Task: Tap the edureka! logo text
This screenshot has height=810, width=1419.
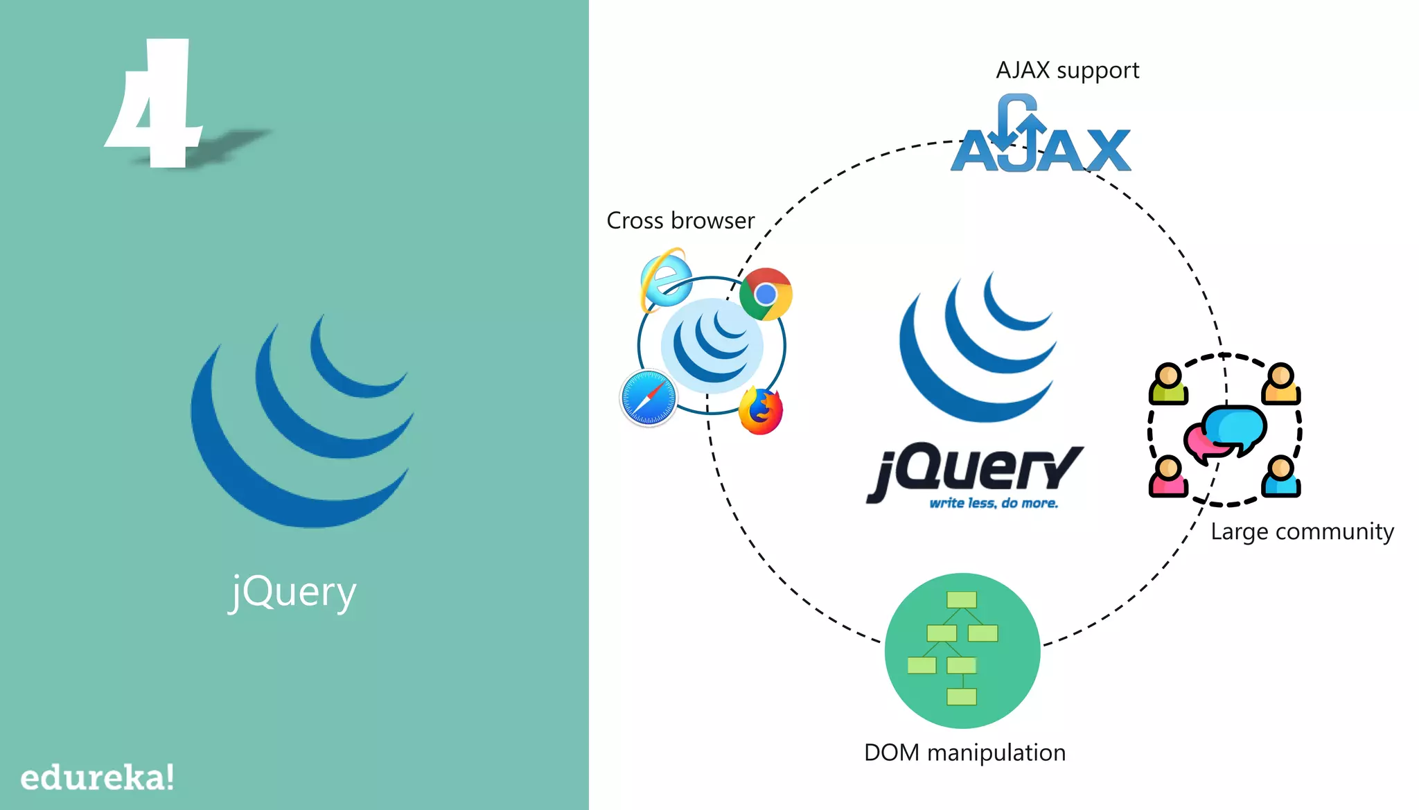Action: [x=97, y=777]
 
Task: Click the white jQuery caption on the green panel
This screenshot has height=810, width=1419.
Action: [x=293, y=592]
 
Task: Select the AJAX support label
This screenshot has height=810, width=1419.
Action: [x=1067, y=71]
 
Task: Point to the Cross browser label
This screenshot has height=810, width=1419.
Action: [x=680, y=220]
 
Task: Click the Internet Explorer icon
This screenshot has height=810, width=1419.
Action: [x=665, y=279]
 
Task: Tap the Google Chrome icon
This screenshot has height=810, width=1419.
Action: [x=766, y=294]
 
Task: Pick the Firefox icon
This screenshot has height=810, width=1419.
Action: [x=761, y=411]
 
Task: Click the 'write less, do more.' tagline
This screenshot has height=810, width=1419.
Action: [x=994, y=503]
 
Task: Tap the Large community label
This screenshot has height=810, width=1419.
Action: [x=1302, y=531]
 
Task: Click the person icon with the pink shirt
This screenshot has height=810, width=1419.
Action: [x=1168, y=477]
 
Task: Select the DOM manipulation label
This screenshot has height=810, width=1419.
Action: [x=964, y=752]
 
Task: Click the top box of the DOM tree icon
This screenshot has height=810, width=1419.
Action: [x=962, y=599]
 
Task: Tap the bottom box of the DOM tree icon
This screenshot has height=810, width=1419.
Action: [x=962, y=696]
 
